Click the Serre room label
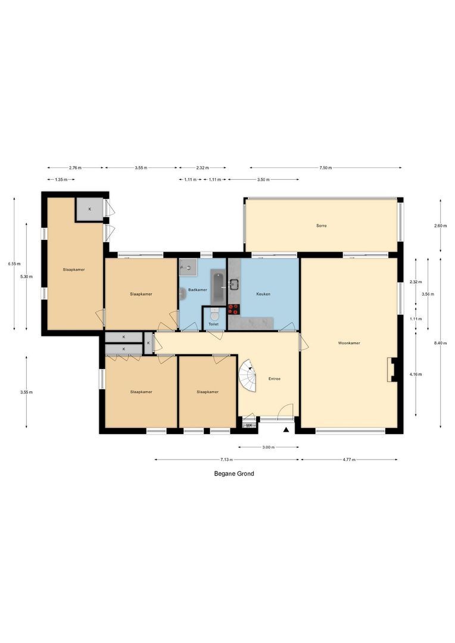322,226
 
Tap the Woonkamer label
349,343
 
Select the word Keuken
263,294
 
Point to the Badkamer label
198,289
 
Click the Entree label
275,379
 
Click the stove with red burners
233,309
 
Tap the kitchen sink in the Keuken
233,285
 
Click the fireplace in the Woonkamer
391,369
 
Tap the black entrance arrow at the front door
286,430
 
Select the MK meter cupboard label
249,425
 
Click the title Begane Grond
234,474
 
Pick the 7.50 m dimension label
325,168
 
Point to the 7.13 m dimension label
227,460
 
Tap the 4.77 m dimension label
349,460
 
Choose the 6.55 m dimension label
14,264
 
